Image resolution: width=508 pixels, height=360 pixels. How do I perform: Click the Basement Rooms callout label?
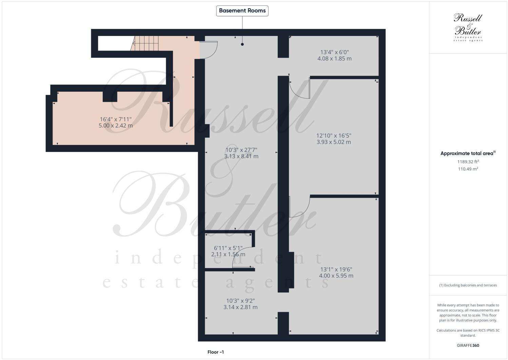(242, 11)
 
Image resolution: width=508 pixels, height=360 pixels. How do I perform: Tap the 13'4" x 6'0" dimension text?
(334, 55)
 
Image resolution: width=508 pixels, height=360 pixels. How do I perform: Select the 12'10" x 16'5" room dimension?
(334, 139)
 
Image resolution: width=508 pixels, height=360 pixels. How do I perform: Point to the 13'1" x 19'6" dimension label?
(336, 272)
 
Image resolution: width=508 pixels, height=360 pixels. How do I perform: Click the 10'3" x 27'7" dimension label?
(241, 153)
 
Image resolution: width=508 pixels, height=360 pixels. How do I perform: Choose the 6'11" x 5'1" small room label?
(228, 251)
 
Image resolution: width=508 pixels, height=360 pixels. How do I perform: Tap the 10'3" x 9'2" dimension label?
(240, 304)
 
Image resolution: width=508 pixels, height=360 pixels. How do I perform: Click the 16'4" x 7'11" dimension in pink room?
(116, 122)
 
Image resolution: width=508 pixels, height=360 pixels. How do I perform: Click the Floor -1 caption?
(216, 352)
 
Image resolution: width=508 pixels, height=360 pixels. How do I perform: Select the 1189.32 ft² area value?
(468, 162)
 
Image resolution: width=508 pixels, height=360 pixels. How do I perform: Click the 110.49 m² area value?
(468, 169)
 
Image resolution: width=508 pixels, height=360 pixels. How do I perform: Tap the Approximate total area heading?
(468, 153)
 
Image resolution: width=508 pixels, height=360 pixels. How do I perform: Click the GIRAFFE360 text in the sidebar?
(468, 345)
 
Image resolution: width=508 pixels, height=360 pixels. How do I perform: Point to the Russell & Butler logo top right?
(468, 27)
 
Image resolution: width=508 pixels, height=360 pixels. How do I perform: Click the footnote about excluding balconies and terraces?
(468, 285)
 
